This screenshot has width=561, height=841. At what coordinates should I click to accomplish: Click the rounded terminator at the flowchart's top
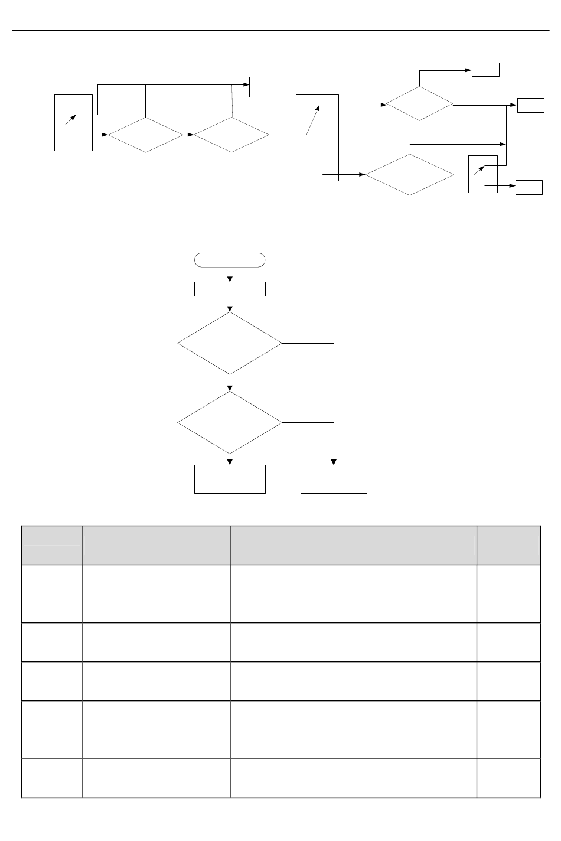tap(230, 260)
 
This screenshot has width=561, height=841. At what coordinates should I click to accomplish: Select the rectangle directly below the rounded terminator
tap(230, 289)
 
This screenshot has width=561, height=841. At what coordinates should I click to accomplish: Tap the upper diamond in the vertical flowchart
tap(230, 343)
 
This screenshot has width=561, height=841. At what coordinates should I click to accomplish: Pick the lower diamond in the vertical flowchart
tap(230, 423)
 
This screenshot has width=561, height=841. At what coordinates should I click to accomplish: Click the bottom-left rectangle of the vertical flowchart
tap(230, 479)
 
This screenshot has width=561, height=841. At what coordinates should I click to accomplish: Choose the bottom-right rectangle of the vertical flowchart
tap(334, 479)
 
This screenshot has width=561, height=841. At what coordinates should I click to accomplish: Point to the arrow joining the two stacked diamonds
tap(230, 383)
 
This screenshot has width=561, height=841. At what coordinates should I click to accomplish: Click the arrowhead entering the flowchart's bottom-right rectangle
tap(334, 462)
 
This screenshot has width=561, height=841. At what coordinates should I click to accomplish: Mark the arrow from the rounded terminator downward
tap(230, 275)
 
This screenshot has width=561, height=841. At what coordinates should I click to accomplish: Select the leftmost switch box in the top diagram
tap(73, 122)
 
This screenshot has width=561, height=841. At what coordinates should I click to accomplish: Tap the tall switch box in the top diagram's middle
tap(317, 138)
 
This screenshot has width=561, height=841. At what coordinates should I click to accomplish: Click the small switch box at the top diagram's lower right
tap(482, 174)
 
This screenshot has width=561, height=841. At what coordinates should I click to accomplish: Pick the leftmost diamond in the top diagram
tap(145, 135)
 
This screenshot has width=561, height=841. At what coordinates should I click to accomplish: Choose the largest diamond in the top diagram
tap(410, 175)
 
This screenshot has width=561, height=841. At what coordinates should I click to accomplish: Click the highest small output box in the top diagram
tap(485, 70)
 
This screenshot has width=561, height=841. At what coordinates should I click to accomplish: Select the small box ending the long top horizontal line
tap(262, 87)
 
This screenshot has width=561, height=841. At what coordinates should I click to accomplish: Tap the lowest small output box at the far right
tap(529, 188)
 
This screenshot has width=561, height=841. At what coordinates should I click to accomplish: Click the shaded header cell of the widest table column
tap(353, 545)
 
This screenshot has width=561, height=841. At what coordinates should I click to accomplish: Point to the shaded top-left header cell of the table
tap(52, 545)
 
